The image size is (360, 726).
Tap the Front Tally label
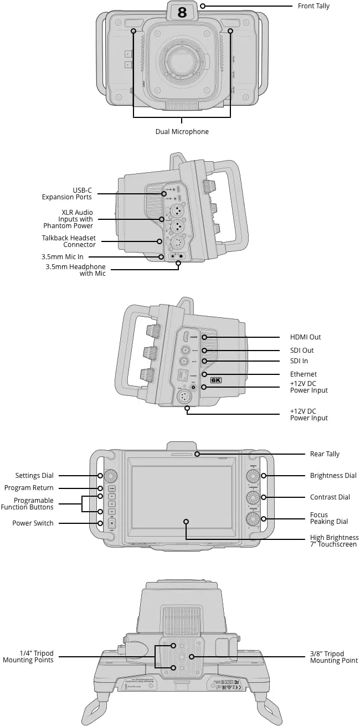[313, 6]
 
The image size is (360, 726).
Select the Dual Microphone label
[182, 132]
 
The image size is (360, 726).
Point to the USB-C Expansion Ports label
[67, 194]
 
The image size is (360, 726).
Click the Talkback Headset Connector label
[69, 241]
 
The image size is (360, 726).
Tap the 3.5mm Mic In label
[62, 257]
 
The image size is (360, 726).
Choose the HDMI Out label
[305, 337]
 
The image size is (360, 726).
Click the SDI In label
[299, 361]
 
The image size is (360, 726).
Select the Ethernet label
[304, 374]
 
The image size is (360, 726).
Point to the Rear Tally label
[325, 454]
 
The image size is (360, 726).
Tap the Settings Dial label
[34, 476]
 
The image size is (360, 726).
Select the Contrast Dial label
[330, 497]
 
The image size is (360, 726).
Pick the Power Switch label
[33, 523]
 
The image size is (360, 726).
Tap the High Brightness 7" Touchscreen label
[334, 541]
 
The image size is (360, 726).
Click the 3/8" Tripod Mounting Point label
[334, 657]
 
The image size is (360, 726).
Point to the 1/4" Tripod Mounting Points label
[28, 657]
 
